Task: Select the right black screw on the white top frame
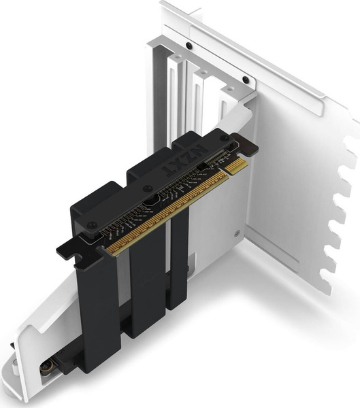[246, 80]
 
